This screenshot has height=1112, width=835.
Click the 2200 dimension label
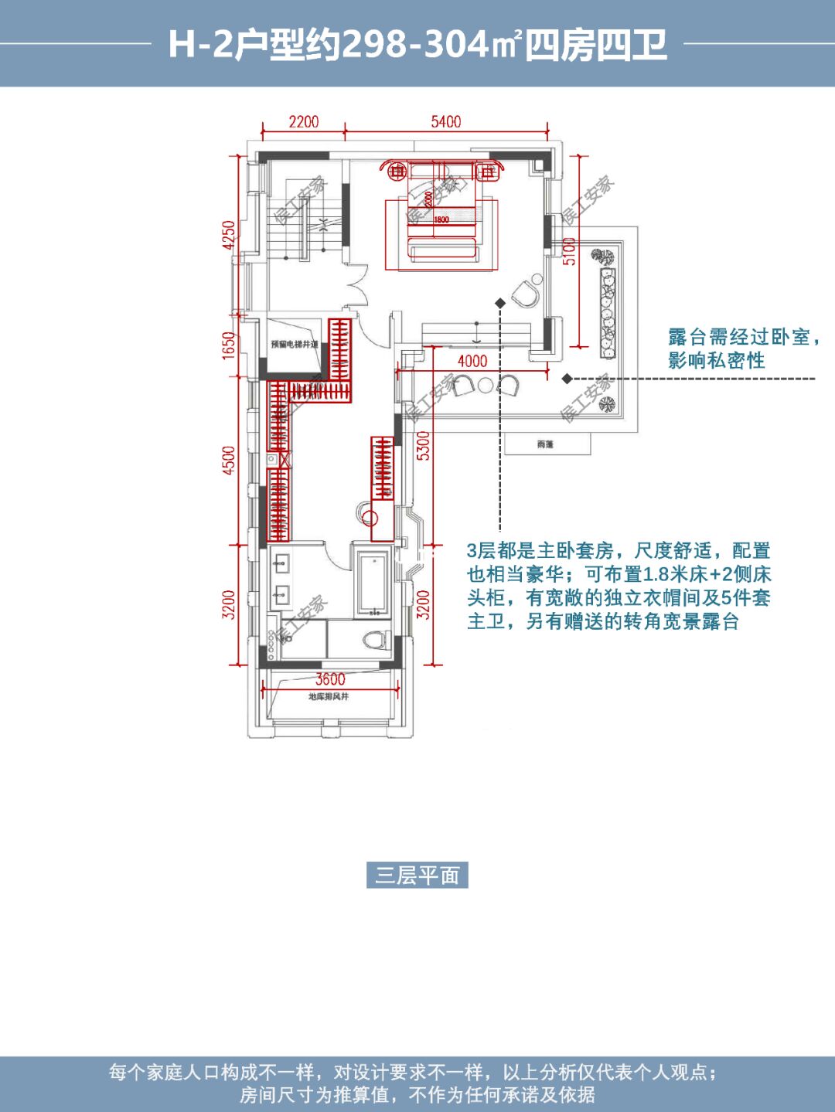click(x=304, y=122)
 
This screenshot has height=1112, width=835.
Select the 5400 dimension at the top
click(x=446, y=122)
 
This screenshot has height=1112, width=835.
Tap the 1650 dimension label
click(x=229, y=345)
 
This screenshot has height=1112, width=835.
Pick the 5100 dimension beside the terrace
click(x=570, y=251)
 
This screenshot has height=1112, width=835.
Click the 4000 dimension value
click(x=472, y=361)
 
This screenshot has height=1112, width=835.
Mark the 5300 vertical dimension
click(x=424, y=446)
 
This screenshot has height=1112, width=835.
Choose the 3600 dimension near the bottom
click(x=330, y=679)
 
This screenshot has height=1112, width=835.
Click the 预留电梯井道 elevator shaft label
click(x=295, y=345)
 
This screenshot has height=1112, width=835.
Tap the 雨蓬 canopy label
click(x=545, y=444)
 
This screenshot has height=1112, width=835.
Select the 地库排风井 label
click(x=329, y=697)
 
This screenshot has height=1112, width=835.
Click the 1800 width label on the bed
click(x=441, y=219)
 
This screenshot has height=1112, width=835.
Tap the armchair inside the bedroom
click(x=528, y=292)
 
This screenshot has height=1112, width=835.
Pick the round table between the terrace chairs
click(x=486, y=384)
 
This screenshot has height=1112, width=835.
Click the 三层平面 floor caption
click(x=417, y=876)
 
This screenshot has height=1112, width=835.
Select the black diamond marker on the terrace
click(x=567, y=379)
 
